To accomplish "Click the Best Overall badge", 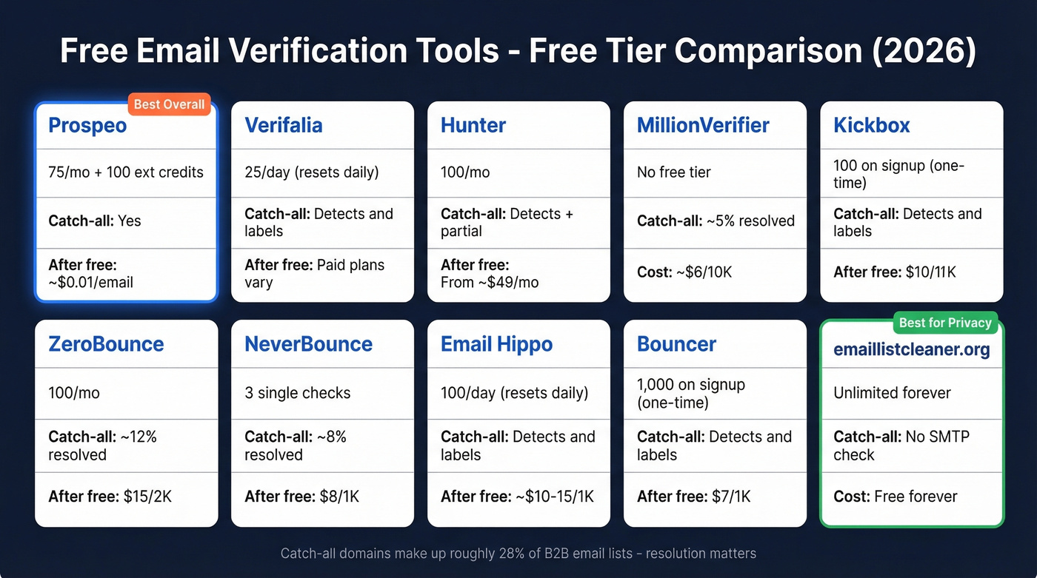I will [170, 104].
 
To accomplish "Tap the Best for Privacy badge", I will [945, 323].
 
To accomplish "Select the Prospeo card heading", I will [87, 125].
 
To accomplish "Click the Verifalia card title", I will [284, 125].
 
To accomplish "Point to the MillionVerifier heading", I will [703, 125].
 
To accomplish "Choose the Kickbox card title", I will [872, 125].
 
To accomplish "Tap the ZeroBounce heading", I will [106, 344].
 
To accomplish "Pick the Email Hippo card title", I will [496, 344].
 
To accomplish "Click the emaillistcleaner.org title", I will [912, 349].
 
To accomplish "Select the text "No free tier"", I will [674, 172].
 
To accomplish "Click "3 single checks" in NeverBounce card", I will [298, 393].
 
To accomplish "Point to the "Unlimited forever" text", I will [892, 393].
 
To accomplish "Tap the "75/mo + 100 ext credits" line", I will [126, 172].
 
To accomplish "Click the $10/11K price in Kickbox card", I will [930, 272].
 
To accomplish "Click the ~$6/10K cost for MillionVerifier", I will [703, 272].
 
